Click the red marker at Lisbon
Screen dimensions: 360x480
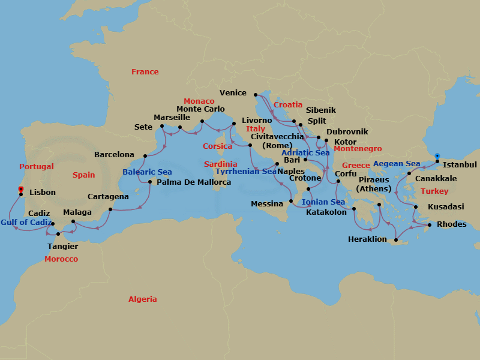click(20, 190)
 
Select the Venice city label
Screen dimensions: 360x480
click(233, 93)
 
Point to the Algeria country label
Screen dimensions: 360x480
click(143, 299)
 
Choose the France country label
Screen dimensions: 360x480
click(145, 72)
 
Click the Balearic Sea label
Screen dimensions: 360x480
click(147, 172)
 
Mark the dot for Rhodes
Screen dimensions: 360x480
click(430, 226)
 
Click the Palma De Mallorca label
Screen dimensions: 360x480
click(194, 182)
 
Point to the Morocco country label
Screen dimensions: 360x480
click(61, 259)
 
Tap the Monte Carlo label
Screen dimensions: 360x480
click(200, 109)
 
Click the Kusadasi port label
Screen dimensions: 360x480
click(445, 206)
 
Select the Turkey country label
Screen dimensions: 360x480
click(434, 191)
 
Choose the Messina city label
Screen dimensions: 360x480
click(266, 204)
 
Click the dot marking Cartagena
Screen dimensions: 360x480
click(110, 209)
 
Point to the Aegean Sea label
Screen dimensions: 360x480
click(397, 164)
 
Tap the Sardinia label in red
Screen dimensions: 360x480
click(220, 164)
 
